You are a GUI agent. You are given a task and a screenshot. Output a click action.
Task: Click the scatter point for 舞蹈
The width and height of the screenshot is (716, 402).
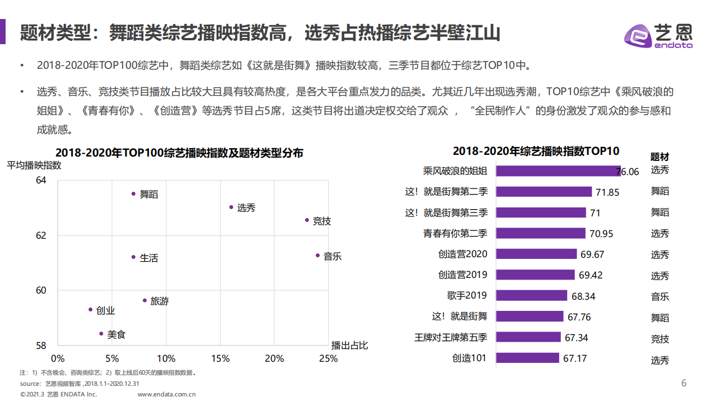pyautogui.click(x=133, y=193)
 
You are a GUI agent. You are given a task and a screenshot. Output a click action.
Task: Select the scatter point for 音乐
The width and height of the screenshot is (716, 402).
pyautogui.click(x=317, y=255)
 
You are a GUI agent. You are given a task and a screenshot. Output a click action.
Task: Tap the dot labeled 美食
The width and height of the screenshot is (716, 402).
pyautogui.click(x=101, y=333)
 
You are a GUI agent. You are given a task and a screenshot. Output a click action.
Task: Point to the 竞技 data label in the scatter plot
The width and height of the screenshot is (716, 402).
pyautogui.click(x=322, y=221)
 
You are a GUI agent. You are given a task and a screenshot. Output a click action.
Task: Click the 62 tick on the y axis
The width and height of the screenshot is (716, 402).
pyautogui.click(x=41, y=235)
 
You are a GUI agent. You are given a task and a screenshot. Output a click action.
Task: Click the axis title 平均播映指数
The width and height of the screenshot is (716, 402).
pyautogui.click(x=34, y=165)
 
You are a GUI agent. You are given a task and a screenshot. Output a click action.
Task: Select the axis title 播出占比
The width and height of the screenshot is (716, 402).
pyautogui.click(x=349, y=345)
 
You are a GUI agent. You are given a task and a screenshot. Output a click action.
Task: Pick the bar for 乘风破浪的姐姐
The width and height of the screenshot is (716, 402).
pyautogui.click(x=558, y=171)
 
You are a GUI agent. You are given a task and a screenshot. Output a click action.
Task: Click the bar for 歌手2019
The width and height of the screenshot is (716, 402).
pyautogui.click(x=532, y=296)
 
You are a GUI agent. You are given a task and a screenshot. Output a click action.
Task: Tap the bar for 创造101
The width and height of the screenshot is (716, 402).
pyautogui.click(x=527, y=358)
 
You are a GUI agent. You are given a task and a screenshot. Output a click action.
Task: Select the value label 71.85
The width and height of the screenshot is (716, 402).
pyautogui.click(x=607, y=192)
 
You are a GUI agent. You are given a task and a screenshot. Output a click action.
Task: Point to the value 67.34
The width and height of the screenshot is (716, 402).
pyautogui.click(x=576, y=338)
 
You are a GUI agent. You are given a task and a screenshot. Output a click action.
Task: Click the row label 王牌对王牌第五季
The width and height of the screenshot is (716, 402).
pyautogui.click(x=451, y=337)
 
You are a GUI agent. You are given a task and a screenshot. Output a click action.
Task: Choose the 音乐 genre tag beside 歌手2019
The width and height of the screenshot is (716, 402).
pyautogui.click(x=659, y=296)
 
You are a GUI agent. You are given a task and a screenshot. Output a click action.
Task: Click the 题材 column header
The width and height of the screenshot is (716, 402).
pyautogui.click(x=659, y=157)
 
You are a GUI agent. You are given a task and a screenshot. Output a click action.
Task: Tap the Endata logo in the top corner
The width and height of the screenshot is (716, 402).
pyautogui.click(x=658, y=36)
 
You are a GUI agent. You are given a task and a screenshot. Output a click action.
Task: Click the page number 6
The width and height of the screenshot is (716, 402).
pyautogui.click(x=684, y=383)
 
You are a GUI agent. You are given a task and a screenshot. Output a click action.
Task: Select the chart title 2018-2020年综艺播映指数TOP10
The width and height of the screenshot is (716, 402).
pyautogui.click(x=536, y=151)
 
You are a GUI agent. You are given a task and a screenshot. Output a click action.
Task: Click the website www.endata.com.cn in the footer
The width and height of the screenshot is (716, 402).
pyautogui.click(x=166, y=394)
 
